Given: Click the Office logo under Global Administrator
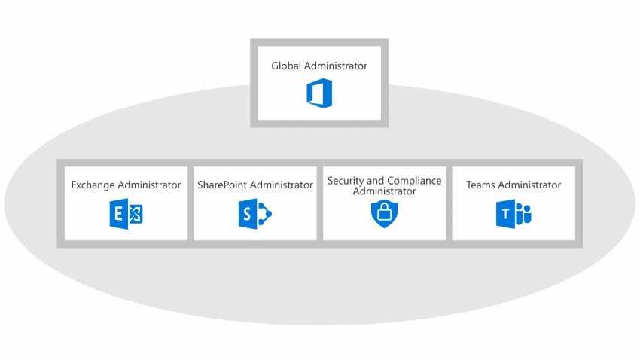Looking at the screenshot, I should pos(319,93).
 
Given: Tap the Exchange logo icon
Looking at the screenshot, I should pos(126,215).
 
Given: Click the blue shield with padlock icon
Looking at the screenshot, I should pos(384,213).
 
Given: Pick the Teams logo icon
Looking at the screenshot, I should pos(514,215).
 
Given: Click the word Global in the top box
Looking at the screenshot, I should pos(286,66).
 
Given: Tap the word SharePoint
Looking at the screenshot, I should pos(221,185).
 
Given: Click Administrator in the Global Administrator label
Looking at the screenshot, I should pos(335,66).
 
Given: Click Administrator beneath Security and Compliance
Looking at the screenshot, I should pos(384,191).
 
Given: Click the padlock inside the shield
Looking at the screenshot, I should pos(384,214).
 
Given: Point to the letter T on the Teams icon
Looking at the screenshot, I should pos(504,216).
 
